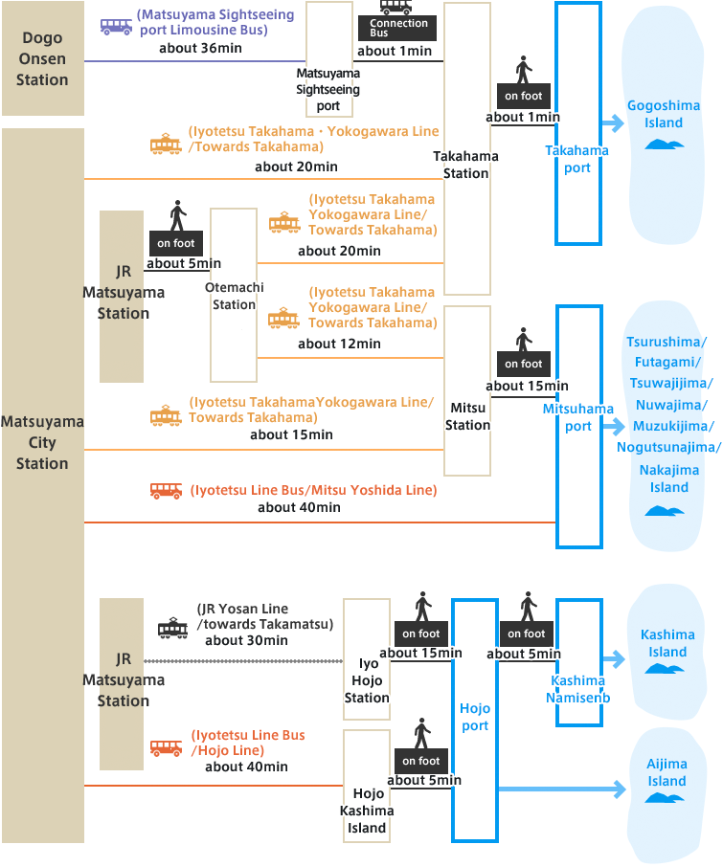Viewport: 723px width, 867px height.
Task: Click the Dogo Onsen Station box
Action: tap(42, 58)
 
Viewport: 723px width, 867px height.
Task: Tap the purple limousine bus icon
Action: tap(116, 26)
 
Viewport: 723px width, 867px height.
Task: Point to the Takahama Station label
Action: tap(466, 165)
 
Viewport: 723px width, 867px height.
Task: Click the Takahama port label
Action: tap(577, 159)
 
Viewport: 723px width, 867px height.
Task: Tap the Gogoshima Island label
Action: tap(664, 115)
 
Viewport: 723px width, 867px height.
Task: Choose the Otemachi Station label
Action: tap(234, 296)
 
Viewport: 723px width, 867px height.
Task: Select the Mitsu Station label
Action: tap(467, 416)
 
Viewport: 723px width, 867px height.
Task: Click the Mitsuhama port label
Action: tap(578, 417)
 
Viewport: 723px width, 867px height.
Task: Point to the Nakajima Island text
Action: tap(669, 478)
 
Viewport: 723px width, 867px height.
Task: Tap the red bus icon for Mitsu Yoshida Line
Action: tap(166, 491)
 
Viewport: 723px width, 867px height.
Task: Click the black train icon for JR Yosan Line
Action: tap(172, 628)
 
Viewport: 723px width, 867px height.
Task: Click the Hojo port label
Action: tap(475, 717)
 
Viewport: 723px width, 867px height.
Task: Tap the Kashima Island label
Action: tap(667, 643)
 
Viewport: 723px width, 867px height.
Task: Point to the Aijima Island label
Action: tap(667, 772)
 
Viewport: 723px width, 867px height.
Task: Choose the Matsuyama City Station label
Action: tap(42, 442)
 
